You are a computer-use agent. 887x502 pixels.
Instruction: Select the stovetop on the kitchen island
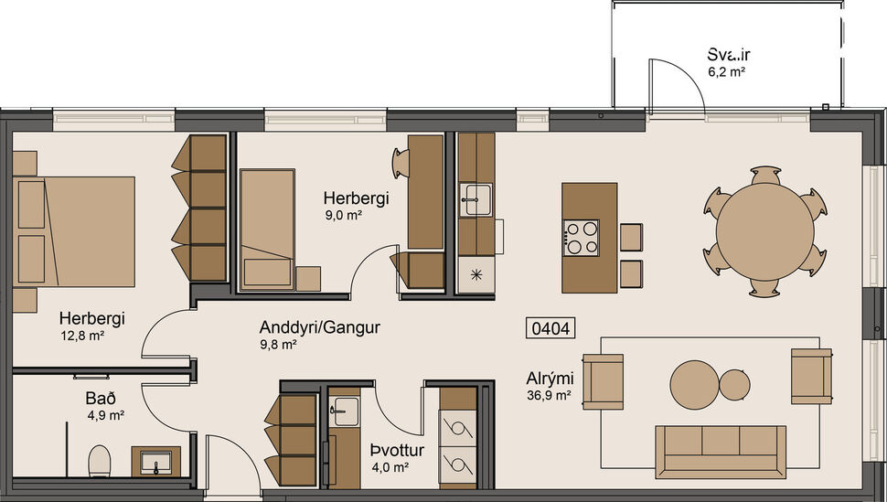pos(582,238)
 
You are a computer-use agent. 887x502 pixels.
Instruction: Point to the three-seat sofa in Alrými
pos(721,451)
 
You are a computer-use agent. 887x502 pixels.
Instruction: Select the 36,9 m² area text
pos(549,395)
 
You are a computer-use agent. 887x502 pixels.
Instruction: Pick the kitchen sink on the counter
pos(476,199)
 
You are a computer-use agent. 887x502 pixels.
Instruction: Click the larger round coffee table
pos(695,382)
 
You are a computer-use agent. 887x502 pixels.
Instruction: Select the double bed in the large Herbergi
pos(75,230)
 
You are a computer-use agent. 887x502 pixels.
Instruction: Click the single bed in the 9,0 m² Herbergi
pos(266,229)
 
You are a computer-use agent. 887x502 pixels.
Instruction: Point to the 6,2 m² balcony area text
pos(727,70)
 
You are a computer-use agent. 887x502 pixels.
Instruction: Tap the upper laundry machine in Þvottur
pos(459,426)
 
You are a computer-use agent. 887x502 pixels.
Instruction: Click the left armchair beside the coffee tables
pos(603,380)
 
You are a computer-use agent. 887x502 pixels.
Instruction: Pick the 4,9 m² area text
pos(106,414)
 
